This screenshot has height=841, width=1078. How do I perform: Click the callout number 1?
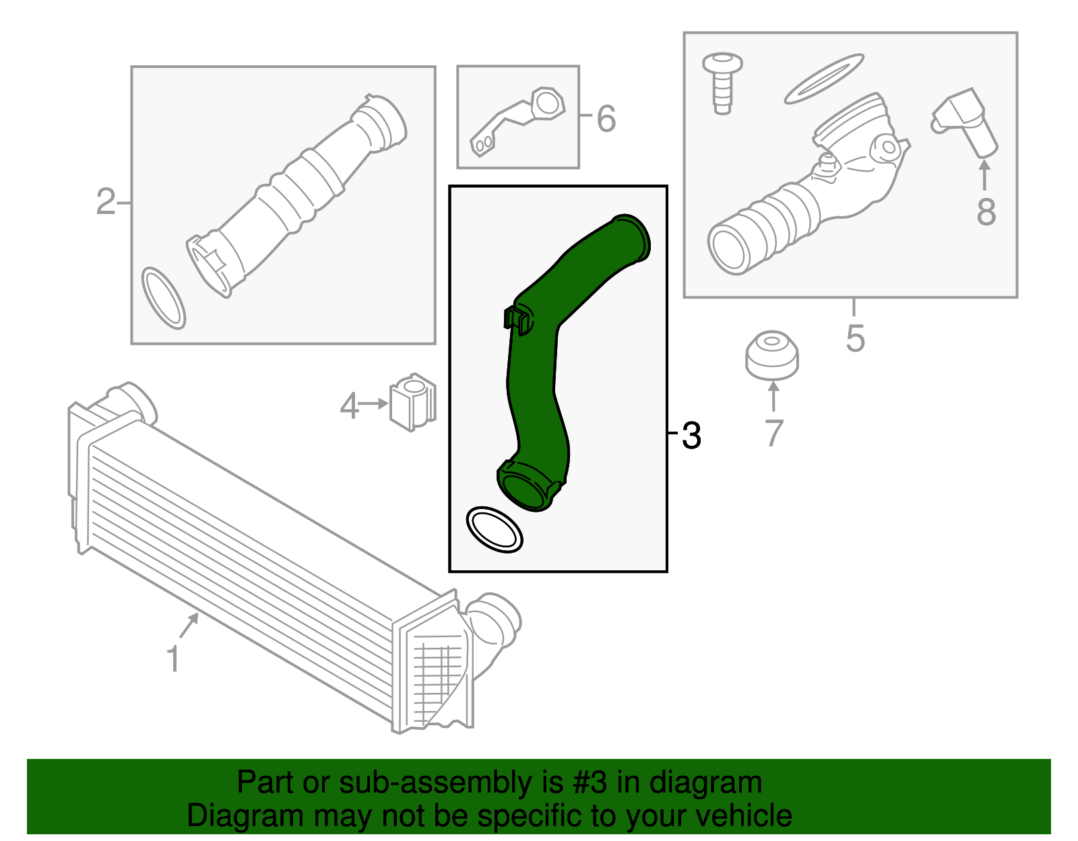172,659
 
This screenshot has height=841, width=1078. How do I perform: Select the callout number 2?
105,202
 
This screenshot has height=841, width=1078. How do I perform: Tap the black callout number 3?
691,436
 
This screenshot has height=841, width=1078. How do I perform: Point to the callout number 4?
349,405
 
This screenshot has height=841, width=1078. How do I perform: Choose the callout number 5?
855,339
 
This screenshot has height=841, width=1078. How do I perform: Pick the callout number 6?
606,119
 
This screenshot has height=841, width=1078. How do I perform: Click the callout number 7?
774,433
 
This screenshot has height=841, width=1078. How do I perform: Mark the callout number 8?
986,211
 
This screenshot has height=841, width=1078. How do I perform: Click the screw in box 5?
722,83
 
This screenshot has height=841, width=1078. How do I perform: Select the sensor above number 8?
965,123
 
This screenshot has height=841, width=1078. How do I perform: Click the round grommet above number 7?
772,356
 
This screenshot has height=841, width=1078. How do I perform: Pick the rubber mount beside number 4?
413,402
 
